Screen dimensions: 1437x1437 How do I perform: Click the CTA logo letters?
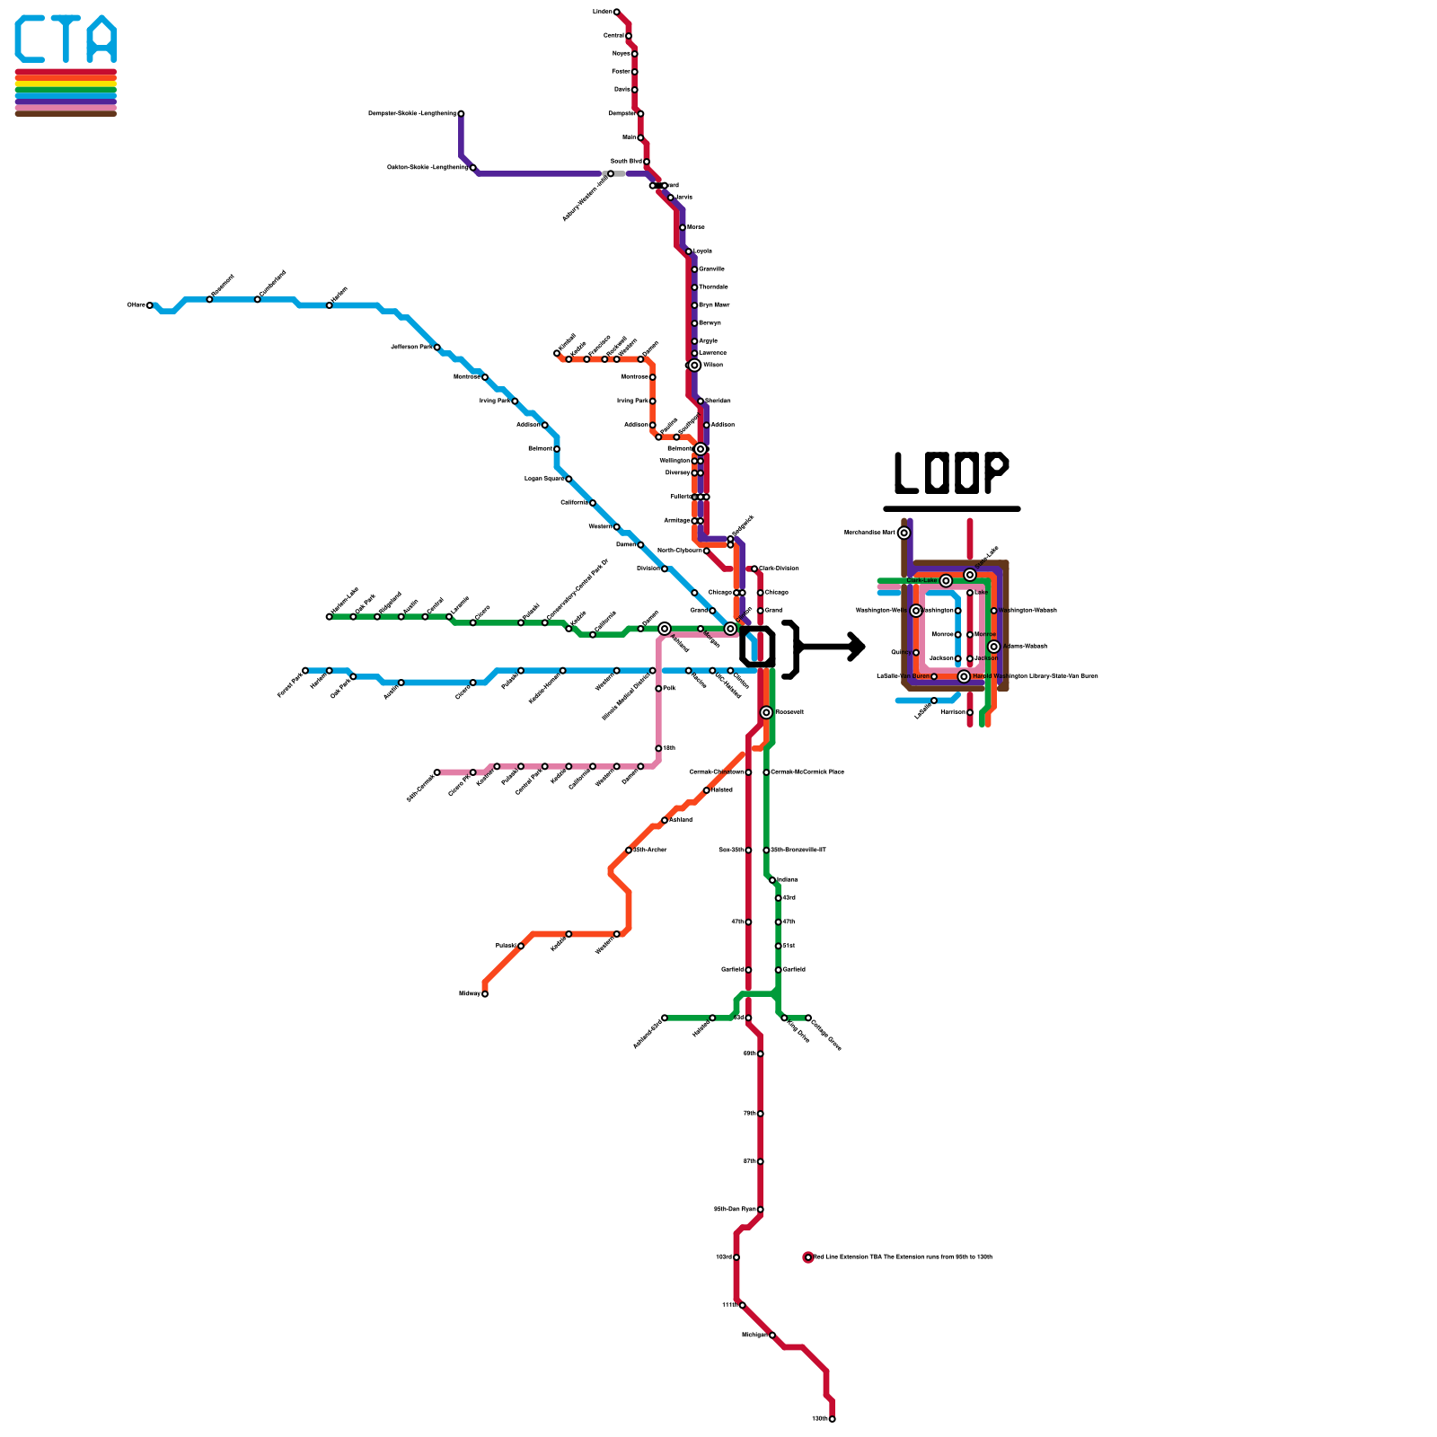66,40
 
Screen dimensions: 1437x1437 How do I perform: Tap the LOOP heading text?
951,472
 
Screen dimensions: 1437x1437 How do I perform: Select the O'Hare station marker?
150,305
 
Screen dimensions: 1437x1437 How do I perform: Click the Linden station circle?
616,12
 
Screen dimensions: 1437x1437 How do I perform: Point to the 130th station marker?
833,1419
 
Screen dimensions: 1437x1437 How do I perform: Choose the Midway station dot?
485,993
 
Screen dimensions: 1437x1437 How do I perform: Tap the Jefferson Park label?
412,347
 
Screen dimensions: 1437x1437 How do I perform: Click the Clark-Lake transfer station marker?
946,581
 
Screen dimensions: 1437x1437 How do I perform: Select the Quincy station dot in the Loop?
916,653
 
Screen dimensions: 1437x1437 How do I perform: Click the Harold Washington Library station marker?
964,676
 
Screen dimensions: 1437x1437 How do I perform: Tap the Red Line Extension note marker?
808,1257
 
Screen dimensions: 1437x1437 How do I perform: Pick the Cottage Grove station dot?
808,1018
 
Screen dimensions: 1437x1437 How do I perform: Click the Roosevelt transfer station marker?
766,712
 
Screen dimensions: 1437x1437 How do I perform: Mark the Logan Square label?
544,479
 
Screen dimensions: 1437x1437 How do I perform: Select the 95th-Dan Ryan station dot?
761,1210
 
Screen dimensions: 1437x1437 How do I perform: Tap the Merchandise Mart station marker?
904,533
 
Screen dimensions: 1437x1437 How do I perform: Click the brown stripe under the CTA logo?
66,113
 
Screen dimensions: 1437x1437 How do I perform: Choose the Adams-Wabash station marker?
993,647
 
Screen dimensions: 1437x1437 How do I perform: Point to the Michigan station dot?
772,1336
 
